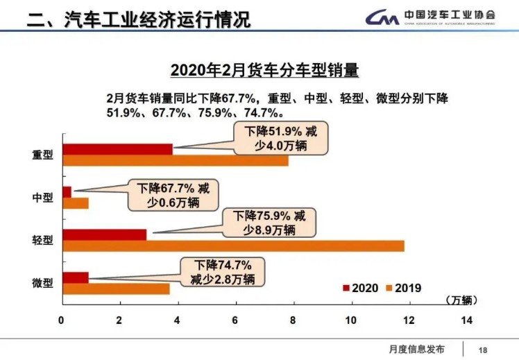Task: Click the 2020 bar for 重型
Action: pyautogui.click(x=117, y=149)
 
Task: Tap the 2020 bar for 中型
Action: pyautogui.click(x=67, y=191)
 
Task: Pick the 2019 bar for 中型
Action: pyautogui.click(x=76, y=203)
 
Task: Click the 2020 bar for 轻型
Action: pyautogui.click(x=104, y=234)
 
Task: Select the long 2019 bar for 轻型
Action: pyautogui.click(x=232, y=246)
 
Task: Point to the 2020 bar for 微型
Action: pyautogui.click(x=76, y=277)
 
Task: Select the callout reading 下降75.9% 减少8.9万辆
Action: pyautogui.click(x=269, y=222)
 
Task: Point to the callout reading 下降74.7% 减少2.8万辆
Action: pyautogui.click(x=222, y=272)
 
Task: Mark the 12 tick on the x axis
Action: pyautogui.click(x=409, y=320)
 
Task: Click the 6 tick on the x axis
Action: pyautogui.click(x=235, y=320)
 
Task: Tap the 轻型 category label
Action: pyautogui.click(x=42, y=241)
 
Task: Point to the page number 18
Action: pyautogui.click(x=484, y=349)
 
